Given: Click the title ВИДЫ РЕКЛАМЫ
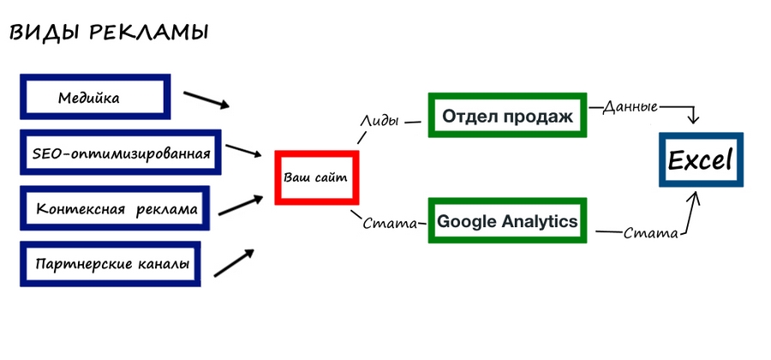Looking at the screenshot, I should [108, 33].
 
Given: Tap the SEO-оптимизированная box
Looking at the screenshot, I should [120, 153].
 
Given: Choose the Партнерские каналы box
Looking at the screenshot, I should [113, 263].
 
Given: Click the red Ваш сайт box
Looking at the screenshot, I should [315, 177].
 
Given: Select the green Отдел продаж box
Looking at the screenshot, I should [508, 113].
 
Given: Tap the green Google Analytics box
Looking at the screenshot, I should [508, 222].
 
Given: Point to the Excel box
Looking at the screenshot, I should [700, 160].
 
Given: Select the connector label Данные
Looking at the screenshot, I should [630, 107].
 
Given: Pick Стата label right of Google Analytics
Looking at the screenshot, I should [650, 232].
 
